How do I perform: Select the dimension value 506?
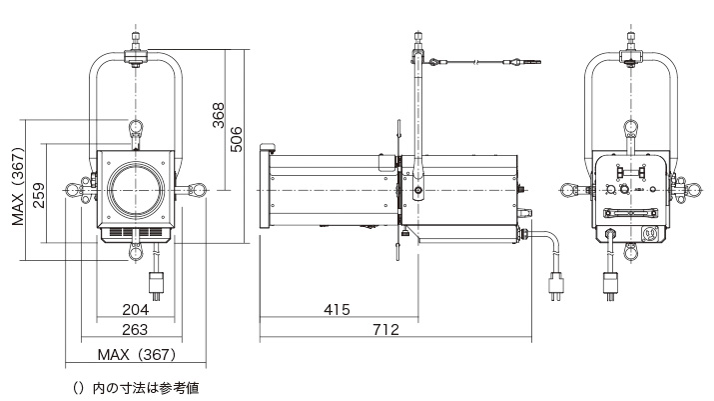coord(237,138)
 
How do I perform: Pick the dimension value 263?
coord(136,330)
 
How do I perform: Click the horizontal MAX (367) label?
coord(136,355)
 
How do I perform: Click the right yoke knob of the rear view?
coord(690,190)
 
